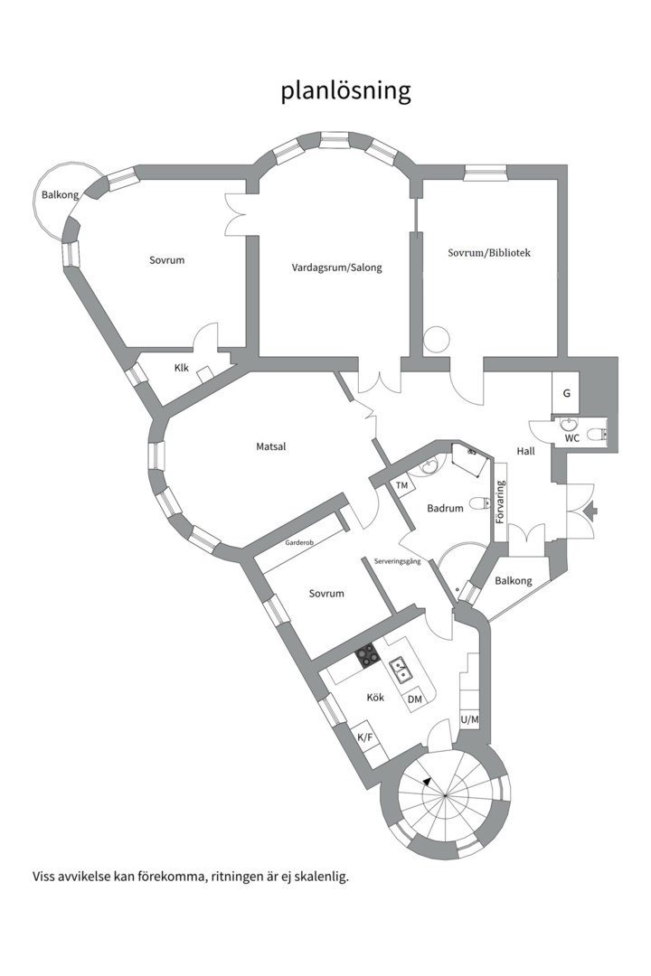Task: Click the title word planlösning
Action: [x=345, y=91]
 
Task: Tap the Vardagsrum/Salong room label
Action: [x=336, y=267]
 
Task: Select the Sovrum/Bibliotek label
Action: [x=488, y=253]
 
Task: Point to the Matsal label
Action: [x=270, y=446]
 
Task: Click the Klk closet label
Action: [x=182, y=368]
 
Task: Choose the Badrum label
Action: [x=445, y=509]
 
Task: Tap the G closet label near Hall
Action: [x=566, y=394]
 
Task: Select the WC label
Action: [x=571, y=438]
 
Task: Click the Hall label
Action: [x=526, y=451]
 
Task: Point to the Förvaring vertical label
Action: [x=500, y=503]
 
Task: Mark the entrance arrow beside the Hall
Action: [x=590, y=511]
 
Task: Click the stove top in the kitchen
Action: [x=367, y=656]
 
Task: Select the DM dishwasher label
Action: [x=415, y=699]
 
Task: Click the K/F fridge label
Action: [x=365, y=737]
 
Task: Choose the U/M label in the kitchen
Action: [x=469, y=720]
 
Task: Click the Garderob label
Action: [x=299, y=544]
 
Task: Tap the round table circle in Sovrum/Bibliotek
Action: [x=437, y=339]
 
